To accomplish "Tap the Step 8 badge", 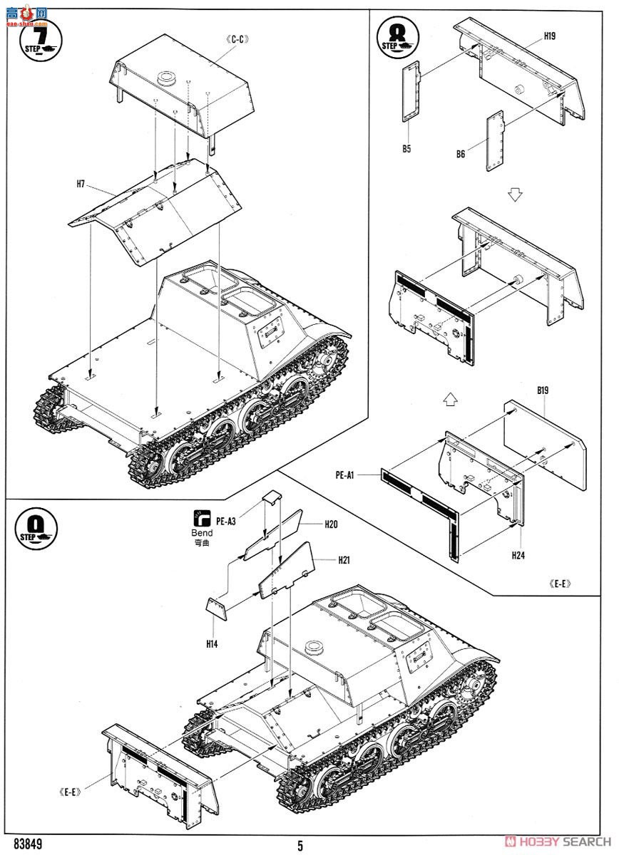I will pyautogui.click(x=396, y=38).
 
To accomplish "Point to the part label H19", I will pyautogui.click(x=550, y=35).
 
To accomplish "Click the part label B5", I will pyautogui.click(x=406, y=149).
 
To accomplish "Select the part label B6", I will pyautogui.click(x=461, y=154).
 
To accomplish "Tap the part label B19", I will pyautogui.click(x=546, y=390).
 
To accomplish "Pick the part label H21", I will pyautogui.click(x=345, y=560).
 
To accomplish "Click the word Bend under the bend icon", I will pyautogui.click(x=202, y=532).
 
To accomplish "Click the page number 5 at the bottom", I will pyautogui.click(x=300, y=846).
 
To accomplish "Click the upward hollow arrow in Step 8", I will pyautogui.click(x=449, y=400).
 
